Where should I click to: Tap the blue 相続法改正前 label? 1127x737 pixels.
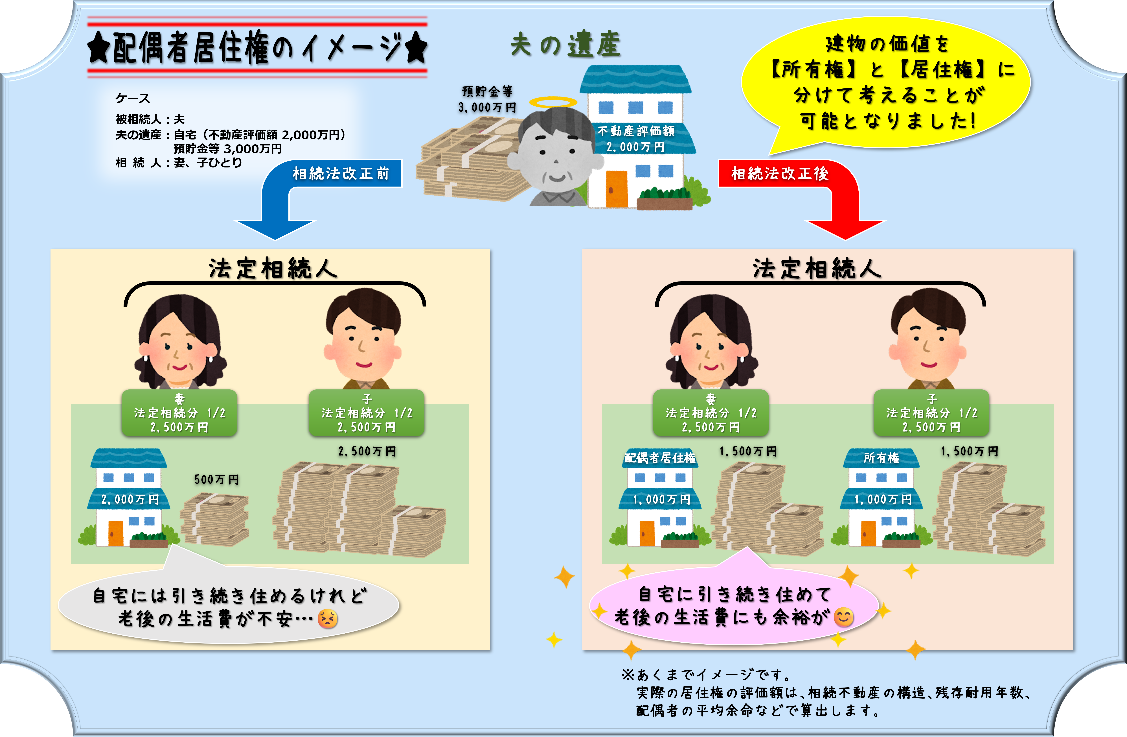(341, 173)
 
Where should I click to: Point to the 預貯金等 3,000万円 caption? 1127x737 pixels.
(487, 99)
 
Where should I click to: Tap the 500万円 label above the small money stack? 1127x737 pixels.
(216, 479)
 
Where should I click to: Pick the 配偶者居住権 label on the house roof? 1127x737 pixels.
(660, 458)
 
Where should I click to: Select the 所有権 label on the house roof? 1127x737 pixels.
(881, 458)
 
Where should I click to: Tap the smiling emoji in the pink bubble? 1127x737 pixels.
(843, 617)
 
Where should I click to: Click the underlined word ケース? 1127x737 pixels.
(133, 99)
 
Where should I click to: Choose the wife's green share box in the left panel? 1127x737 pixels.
(179, 413)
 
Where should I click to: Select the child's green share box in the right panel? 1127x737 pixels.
(931, 413)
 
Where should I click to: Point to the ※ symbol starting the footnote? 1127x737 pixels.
(628, 674)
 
